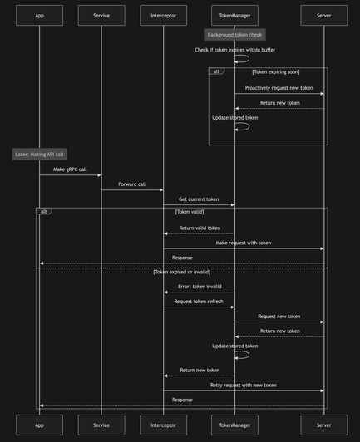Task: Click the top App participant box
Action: [40, 16]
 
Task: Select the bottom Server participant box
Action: [324, 425]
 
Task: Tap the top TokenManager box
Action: [234, 16]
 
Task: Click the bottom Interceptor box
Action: [163, 425]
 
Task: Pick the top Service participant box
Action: [101, 16]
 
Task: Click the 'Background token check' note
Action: [234, 35]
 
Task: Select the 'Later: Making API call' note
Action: [40, 155]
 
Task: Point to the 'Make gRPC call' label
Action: [70, 169]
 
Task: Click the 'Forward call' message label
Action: [132, 184]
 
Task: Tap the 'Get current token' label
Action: [199, 199]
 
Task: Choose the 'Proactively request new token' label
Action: [279, 88]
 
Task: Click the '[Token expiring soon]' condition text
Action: [276, 72]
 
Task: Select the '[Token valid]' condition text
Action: [190, 212]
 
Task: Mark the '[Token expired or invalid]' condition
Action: [182, 272]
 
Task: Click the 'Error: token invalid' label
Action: [200, 287]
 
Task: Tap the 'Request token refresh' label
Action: [199, 302]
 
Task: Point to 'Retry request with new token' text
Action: [244, 385]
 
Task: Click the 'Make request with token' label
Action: [244, 243]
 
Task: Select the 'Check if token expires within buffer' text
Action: [235, 50]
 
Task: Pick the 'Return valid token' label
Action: [200, 228]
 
